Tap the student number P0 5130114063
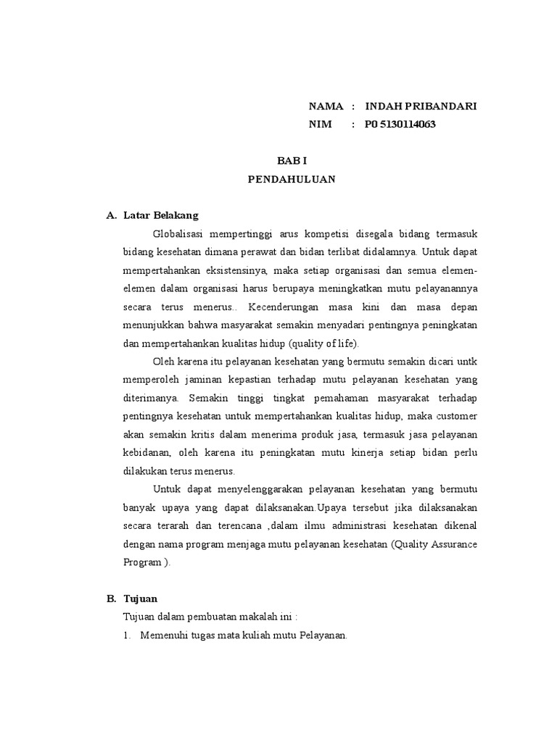400,124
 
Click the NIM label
320,124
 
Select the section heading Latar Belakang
161,215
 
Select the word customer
455,416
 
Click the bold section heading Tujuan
141,599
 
